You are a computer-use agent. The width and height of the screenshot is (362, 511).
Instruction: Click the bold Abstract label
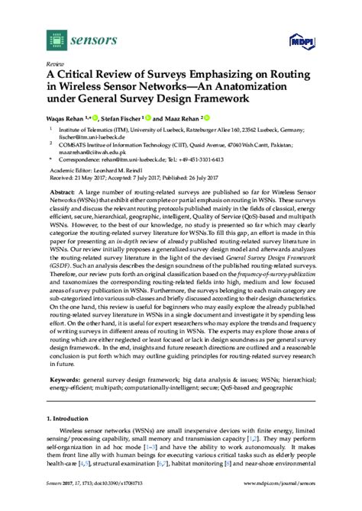click(x=63, y=193)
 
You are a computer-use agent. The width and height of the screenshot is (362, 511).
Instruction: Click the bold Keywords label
click(x=65, y=379)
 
